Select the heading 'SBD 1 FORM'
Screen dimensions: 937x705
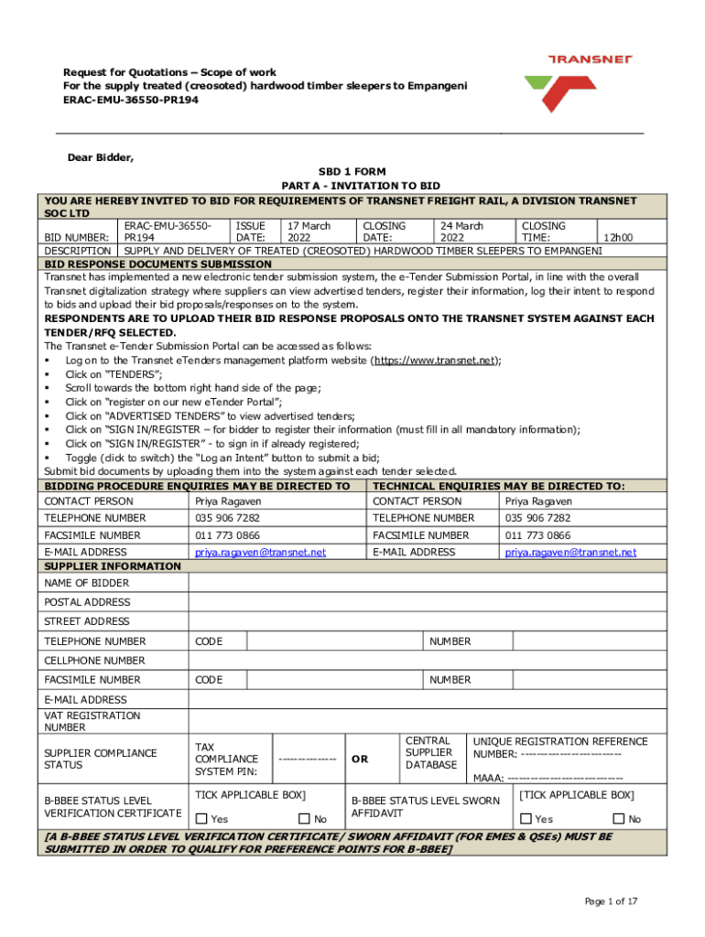click(352, 172)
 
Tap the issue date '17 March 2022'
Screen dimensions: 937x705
click(309, 231)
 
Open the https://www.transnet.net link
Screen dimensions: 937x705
click(433, 361)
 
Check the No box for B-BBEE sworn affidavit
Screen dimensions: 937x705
click(618, 819)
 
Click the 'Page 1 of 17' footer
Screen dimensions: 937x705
click(611, 901)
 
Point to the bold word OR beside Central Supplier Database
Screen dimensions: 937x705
click(360, 759)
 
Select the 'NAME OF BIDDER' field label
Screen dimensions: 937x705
click(87, 583)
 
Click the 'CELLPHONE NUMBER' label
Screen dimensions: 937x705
click(94, 660)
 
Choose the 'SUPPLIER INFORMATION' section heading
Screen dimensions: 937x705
click(113, 566)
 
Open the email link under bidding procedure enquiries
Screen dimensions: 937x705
click(260, 552)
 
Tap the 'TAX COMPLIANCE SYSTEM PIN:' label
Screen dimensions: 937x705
click(226, 759)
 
